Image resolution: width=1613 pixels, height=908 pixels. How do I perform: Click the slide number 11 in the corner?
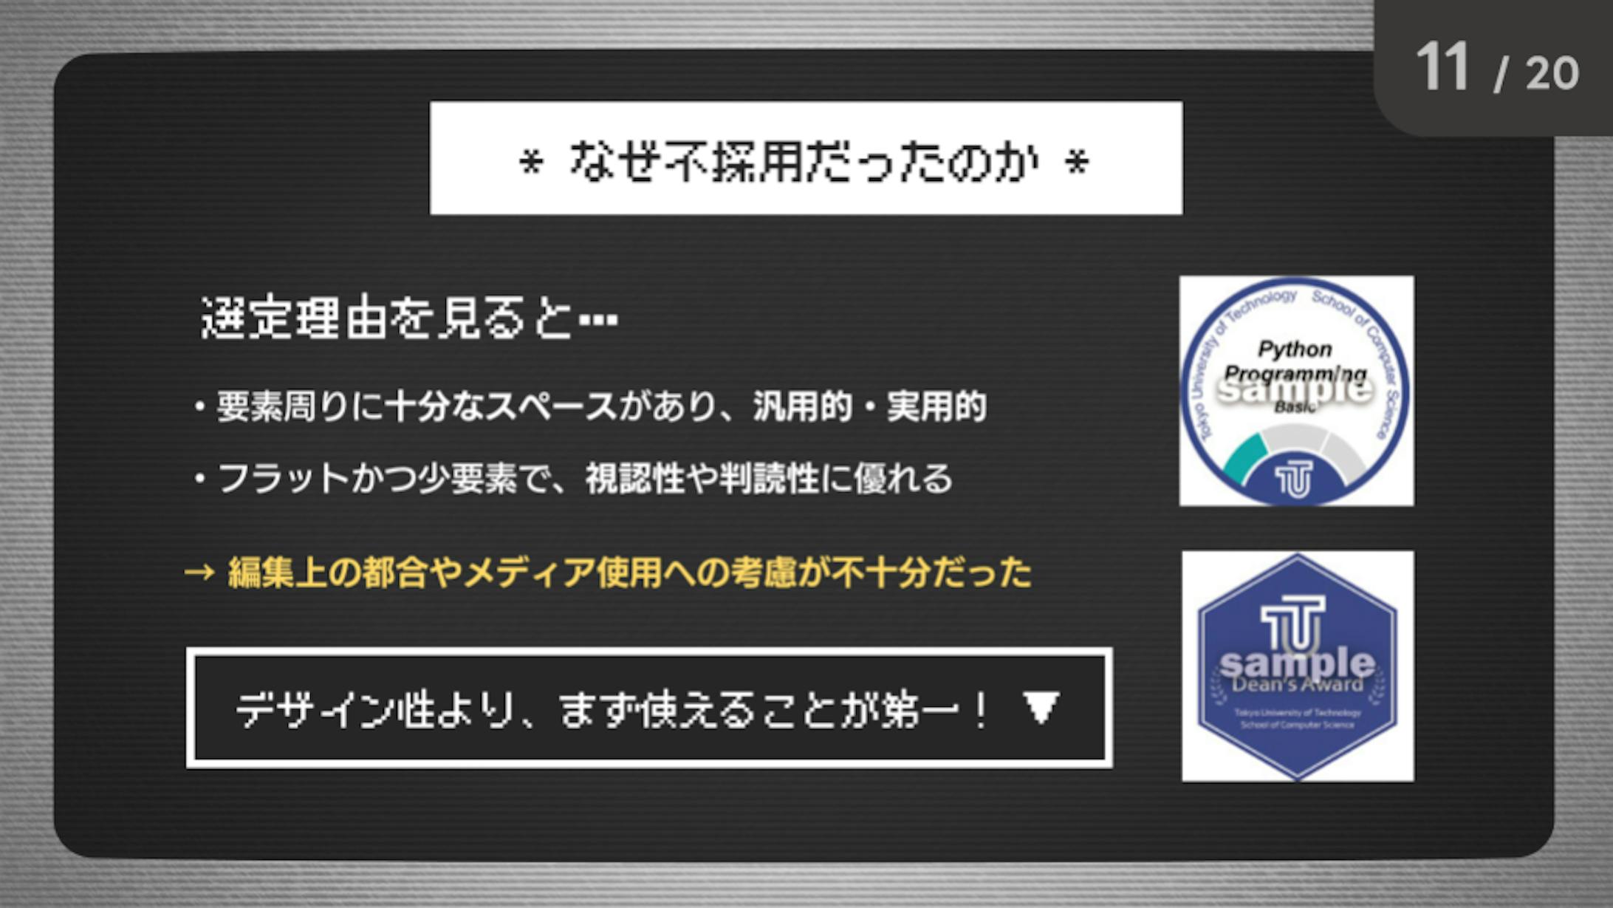[x=1442, y=68]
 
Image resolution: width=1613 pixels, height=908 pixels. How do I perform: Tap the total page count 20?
[x=1552, y=74]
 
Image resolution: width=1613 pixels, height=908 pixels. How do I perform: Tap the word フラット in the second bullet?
[x=284, y=479]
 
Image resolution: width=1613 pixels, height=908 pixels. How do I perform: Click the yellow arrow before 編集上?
[x=199, y=572]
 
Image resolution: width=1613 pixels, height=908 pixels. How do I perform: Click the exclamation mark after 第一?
[x=981, y=711]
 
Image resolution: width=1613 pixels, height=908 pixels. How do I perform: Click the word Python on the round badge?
[x=1295, y=349]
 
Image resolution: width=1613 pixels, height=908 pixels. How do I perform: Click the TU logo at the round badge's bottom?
[x=1294, y=479]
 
